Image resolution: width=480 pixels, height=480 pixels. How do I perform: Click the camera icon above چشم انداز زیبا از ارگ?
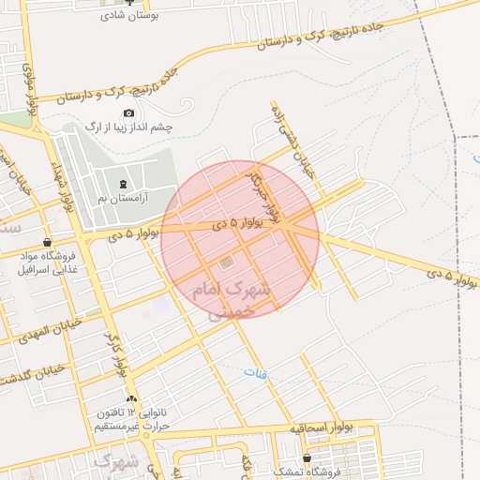(128, 113)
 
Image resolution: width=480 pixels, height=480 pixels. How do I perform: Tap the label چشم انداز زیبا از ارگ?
(128, 127)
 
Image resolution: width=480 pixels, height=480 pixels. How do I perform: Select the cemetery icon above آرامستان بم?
(126, 183)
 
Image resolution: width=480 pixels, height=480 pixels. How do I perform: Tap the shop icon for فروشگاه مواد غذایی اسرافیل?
(47, 242)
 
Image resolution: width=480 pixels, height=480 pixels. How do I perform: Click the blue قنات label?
(255, 372)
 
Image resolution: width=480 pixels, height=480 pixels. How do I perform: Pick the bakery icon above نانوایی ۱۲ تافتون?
(131, 399)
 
